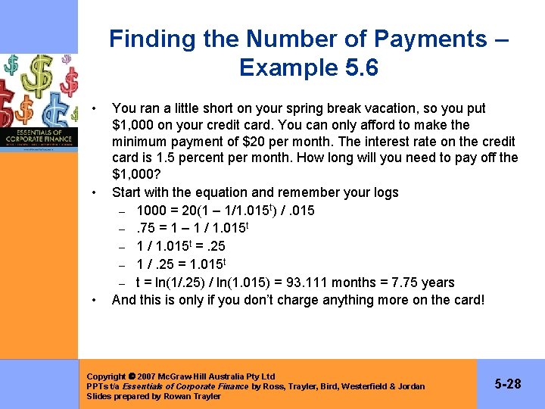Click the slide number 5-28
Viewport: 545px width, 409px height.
point(508,384)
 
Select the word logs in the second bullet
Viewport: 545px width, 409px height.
point(381,192)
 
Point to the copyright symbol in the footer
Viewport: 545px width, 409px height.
point(132,376)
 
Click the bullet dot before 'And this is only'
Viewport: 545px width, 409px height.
point(93,300)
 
